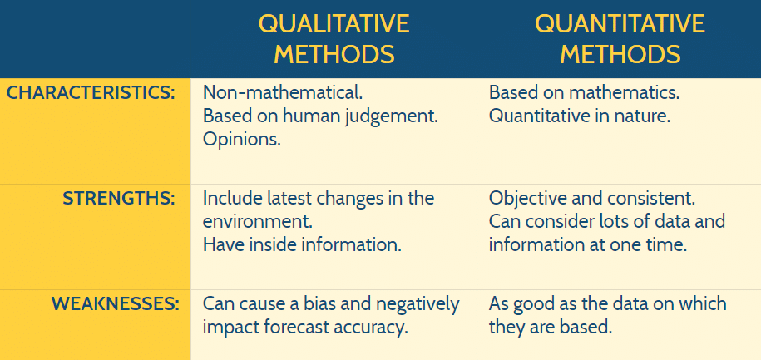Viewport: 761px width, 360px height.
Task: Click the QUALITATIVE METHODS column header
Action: pyautogui.click(x=334, y=38)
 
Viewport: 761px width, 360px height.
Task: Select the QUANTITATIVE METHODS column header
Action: pyautogui.click(x=620, y=38)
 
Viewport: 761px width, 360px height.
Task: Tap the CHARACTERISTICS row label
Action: pyautogui.click(x=91, y=92)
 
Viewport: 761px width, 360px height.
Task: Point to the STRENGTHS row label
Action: pyautogui.click(x=119, y=199)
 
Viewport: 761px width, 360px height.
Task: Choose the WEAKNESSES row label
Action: pyautogui.click(x=116, y=304)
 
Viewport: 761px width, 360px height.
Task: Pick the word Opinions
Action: pyautogui.click(x=242, y=139)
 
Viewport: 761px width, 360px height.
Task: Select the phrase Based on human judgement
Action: pyautogui.click(x=321, y=116)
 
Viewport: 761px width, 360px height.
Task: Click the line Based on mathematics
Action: pyautogui.click(x=585, y=92)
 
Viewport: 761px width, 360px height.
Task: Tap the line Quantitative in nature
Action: pyautogui.click(x=580, y=116)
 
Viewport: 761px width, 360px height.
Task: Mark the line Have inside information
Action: pyautogui.click(x=303, y=245)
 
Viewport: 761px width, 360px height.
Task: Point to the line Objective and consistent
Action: pyautogui.click(x=592, y=199)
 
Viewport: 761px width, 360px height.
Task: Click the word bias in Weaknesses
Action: pyautogui.click(x=327, y=304)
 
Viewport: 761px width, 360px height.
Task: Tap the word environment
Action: pyautogui.click(x=257, y=222)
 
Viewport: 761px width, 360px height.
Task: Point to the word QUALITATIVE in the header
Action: pyautogui.click(x=334, y=23)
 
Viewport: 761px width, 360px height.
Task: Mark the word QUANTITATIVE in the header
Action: pyautogui.click(x=620, y=23)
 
